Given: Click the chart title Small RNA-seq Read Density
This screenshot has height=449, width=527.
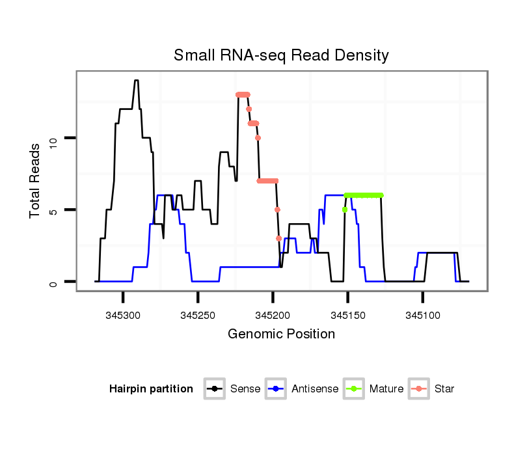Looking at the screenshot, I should [x=281, y=55].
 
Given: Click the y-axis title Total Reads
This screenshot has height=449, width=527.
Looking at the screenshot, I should [x=36, y=180].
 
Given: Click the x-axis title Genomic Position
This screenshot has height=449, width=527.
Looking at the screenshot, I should [x=281, y=334].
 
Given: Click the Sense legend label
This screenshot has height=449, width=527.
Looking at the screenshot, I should [x=245, y=389].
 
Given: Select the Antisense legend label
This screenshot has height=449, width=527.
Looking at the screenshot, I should [x=315, y=389].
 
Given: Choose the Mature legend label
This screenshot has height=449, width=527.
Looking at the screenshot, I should [x=386, y=389].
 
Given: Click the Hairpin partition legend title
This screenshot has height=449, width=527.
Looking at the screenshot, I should [x=151, y=389].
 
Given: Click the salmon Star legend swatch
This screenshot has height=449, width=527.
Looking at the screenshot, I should [x=419, y=389].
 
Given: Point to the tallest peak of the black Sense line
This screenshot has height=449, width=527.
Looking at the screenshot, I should [x=137, y=81].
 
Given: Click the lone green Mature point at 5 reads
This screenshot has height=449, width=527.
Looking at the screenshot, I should [x=344, y=210].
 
